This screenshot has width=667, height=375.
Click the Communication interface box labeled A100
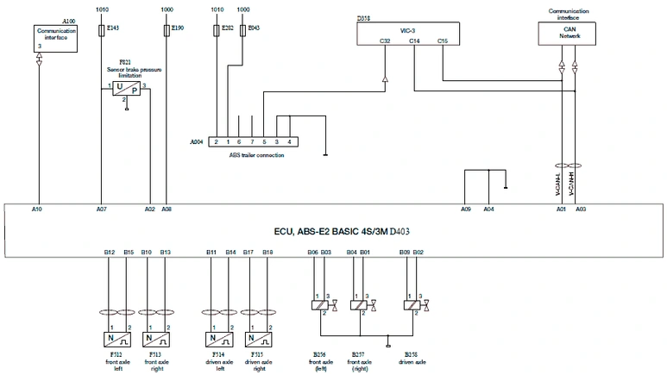(56, 38)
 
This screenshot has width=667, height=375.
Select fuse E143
(104, 30)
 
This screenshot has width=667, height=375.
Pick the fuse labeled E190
(166, 30)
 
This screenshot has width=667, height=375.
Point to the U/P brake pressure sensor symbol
(125, 90)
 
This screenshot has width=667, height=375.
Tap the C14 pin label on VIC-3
(414, 40)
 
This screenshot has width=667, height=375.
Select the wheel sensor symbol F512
(116, 340)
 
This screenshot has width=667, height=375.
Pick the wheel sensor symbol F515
(257, 340)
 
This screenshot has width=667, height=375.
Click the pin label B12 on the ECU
(110, 251)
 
